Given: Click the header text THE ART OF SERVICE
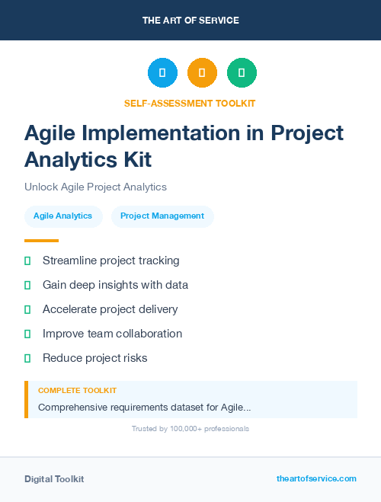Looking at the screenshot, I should point(190,21).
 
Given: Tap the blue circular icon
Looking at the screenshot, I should point(162,73).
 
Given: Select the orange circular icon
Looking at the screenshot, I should point(202,73).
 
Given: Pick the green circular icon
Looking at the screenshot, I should point(242,73).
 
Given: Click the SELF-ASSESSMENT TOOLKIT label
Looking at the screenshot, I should point(190,103).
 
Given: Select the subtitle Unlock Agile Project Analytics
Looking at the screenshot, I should point(95,187).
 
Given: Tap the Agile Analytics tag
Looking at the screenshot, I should point(62,216).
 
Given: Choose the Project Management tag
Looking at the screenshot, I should point(162,216).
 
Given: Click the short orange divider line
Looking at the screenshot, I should point(41,241).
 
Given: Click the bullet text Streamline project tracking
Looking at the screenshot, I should point(111,261).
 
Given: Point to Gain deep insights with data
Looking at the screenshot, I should point(115,285).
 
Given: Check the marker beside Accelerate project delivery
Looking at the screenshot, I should point(27,309).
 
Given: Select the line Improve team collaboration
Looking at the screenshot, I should point(112,334).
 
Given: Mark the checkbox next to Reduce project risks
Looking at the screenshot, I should point(27,358).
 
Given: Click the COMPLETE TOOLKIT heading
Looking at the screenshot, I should point(77,390).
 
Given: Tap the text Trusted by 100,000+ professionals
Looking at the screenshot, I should point(190,429).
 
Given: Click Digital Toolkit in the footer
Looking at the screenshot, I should point(54,479).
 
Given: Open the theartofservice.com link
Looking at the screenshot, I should point(316,478).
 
